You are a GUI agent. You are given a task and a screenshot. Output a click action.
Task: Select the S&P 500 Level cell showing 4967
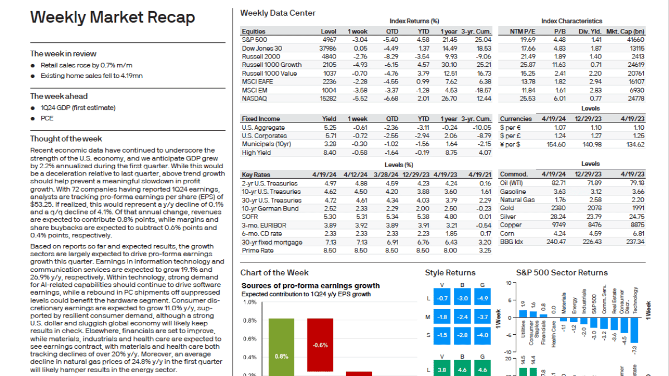point(328,40)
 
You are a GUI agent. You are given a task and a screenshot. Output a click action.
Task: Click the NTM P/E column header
point(522,31)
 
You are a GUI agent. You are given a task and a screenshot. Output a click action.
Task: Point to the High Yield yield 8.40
point(329,152)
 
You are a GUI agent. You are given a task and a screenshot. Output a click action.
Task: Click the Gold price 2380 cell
point(557,208)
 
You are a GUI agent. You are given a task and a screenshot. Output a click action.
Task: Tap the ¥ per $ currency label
point(510,144)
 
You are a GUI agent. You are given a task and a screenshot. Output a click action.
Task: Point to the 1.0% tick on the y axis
point(250,302)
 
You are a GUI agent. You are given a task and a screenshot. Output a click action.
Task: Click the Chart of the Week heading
point(274,272)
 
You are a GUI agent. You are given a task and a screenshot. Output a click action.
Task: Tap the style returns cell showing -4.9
point(482,299)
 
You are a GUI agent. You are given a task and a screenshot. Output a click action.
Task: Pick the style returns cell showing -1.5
point(442,335)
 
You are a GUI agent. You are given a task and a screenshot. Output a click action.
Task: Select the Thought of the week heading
point(66,139)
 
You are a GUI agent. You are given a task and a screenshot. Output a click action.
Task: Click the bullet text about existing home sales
point(91,76)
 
